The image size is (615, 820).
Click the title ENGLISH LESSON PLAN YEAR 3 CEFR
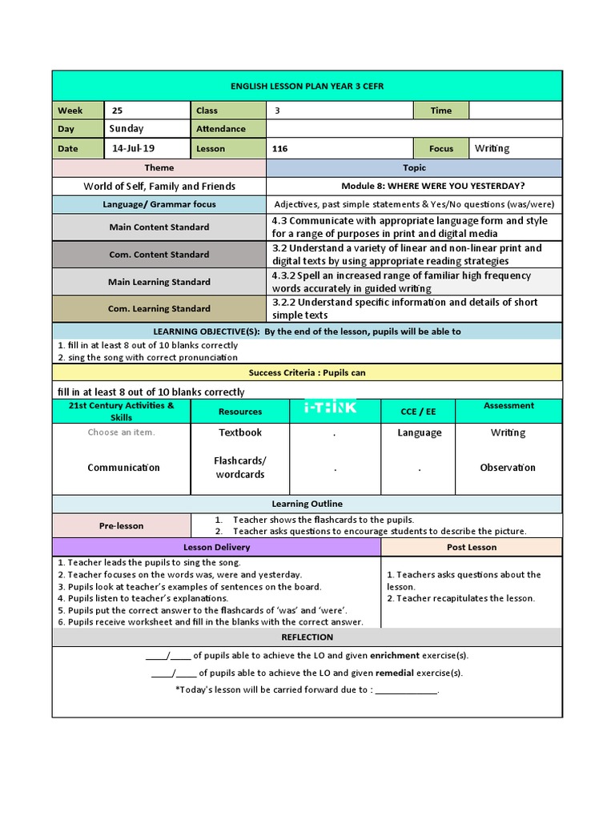click(x=307, y=86)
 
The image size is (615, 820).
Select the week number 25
click(x=117, y=111)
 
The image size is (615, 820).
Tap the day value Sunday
click(x=127, y=129)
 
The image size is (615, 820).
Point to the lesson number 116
click(x=279, y=149)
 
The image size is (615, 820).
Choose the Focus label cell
click(x=440, y=149)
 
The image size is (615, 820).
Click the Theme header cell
click(x=159, y=168)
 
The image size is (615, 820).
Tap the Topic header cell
click(x=415, y=168)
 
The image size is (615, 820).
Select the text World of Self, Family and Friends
click(x=159, y=187)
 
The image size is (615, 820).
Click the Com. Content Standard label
click(x=159, y=255)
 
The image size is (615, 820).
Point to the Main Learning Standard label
click(x=159, y=282)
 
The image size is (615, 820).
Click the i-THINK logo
click(x=331, y=408)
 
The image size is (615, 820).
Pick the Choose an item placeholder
click(x=122, y=432)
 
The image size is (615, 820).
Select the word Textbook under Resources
click(x=240, y=432)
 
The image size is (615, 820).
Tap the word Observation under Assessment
click(x=508, y=468)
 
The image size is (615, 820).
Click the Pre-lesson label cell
click(x=122, y=526)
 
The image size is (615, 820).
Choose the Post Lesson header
click(x=472, y=548)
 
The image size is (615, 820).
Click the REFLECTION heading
click(x=307, y=637)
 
